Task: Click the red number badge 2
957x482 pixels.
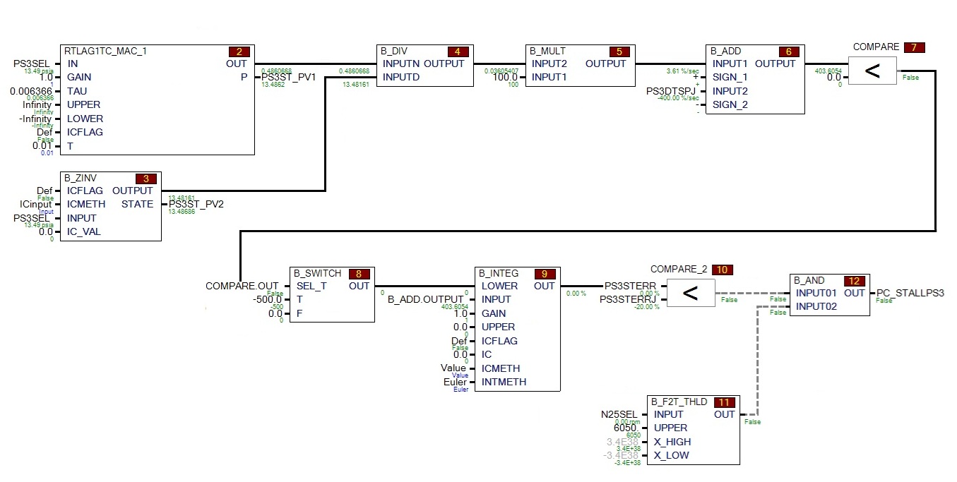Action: pos(239,52)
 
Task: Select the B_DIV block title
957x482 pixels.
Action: pos(394,51)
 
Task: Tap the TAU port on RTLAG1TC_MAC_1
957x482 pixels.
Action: pos(77,91)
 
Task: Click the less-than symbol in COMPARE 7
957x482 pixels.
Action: pos(872,71)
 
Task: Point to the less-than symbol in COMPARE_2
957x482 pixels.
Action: pos(690,293)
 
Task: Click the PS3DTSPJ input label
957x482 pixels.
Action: pos(671,91)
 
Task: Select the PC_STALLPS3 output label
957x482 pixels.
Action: pos(910,293)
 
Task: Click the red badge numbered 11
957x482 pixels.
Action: pos(724,402)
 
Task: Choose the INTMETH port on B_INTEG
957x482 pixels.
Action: pos(504,382)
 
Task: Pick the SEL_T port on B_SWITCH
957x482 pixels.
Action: pos(311,286)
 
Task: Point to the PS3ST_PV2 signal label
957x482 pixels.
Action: pos(196,204)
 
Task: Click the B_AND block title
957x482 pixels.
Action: pos(809,280)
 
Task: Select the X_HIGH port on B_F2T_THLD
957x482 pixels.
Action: pos(672,442)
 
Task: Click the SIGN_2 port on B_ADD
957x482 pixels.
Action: pos(730,104)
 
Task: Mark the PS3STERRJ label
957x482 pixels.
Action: pos(628,300)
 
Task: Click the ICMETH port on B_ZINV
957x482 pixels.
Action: pos(86,204)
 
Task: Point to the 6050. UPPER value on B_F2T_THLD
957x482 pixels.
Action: pos(625,428)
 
